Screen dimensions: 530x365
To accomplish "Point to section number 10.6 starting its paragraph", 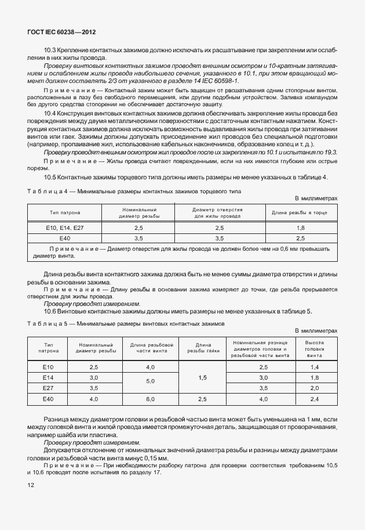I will [49, 311].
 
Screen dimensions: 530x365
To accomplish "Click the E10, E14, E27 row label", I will [64, 228].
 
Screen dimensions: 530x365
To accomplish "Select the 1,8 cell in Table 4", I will [301, 228].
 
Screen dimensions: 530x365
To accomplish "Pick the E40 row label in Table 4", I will [64, 238].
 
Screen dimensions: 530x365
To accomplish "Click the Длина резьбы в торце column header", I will [301, 212].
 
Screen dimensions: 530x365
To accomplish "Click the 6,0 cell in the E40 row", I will [150, 399].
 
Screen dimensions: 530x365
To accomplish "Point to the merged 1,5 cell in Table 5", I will [202, 377].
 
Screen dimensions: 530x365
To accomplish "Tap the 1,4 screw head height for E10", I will [315, 367].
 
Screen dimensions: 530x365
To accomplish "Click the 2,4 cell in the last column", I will [315, 399].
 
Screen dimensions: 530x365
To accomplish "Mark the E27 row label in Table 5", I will [48, 388].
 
